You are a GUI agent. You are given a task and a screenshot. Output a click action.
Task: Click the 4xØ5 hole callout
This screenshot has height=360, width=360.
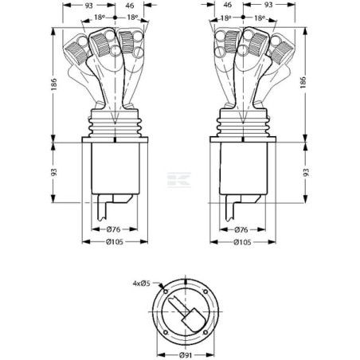coord(146,282)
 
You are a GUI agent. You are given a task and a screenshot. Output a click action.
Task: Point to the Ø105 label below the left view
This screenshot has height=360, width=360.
coord(114,243)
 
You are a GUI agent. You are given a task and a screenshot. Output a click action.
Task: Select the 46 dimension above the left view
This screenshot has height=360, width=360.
coord(129,5)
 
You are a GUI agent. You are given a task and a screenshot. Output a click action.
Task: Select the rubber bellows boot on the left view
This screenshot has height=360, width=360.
coord(115,127)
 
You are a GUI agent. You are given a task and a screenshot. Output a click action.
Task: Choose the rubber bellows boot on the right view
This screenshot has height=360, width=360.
coord(240,127)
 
